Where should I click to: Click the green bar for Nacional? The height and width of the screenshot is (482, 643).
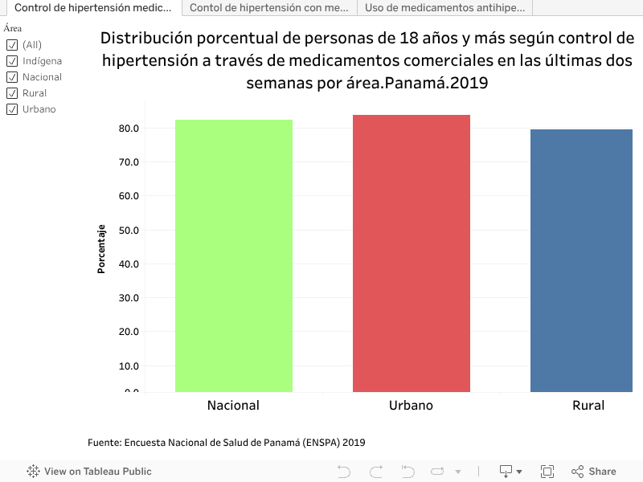tap(234, 255)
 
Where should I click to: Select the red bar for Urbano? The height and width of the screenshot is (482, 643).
tap(412, 253)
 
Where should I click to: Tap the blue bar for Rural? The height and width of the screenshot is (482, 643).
tap(581, 260)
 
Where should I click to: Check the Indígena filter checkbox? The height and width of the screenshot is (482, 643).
tap(12, 61)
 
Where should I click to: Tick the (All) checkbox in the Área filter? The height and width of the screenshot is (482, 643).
tap(12, 45)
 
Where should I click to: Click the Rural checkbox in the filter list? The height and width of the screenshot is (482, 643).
tap(12, 93)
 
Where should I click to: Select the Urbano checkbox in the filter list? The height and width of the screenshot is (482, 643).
tap(12, 109)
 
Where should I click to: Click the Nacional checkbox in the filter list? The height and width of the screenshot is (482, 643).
tap(12, 77)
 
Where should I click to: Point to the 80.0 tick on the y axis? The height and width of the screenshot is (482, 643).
tap(129, 129)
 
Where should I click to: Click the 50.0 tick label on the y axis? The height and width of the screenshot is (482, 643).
tap(129, 231)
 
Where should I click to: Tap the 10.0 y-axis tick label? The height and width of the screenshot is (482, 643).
tap(129, 366)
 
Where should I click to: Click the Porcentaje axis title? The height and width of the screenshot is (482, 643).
tap(101, 249)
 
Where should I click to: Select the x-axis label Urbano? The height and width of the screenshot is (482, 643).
tap(411, 406)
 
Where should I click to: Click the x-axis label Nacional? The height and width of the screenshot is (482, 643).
tap(233, 406)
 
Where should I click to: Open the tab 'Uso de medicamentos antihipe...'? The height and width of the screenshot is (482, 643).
tap(445, 8)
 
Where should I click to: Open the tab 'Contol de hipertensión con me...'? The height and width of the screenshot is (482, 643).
tap(269, 8)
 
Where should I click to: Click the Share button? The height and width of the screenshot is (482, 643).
tap(594, 472)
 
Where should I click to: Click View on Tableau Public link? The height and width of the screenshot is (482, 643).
tap(89, 472)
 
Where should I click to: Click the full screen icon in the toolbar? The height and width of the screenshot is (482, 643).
tap(547, 472)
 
